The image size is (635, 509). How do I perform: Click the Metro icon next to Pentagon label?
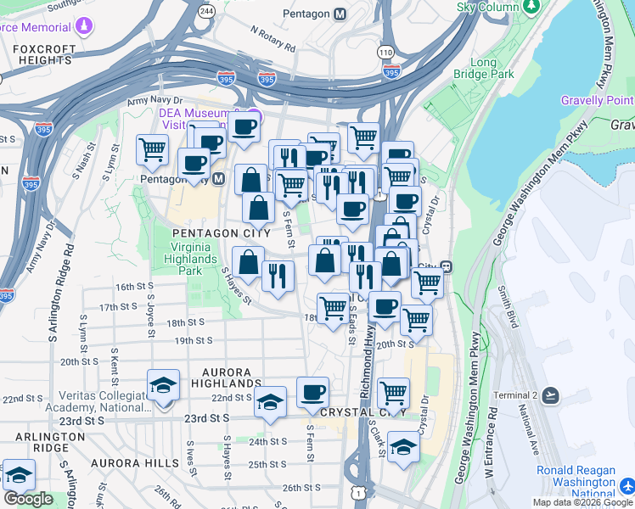pyautogui.click(x=340, y=14)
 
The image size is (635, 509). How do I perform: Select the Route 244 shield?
pyautogui.click(x=206, y=10)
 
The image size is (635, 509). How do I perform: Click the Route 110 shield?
pyautogui.click(x=386, y=53)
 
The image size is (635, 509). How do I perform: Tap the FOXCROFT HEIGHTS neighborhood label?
pyautogui.click(x=42, y=54)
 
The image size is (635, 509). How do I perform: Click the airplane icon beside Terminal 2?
pyautogui.click(x=552, y=395)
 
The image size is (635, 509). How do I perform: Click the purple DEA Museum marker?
pyautogui.click(x=254, y=115)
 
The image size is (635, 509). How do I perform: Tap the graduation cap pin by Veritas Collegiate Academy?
pyautogui.click(x=162, y=387)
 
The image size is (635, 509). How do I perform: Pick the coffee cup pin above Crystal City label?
pyautogui.click(x=312, y=393)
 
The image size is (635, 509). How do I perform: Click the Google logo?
pyautogui.click(x=28, y=498)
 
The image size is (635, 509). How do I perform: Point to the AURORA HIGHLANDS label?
pyautogui.click(x=227, y=378)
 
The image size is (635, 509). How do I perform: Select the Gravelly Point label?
pyautogui.click(x=597, y=100)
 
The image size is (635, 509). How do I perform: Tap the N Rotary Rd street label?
pyautogui.click(x=273, y=38)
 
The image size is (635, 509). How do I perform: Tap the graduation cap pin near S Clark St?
pyautogui.click(x=403, y=447)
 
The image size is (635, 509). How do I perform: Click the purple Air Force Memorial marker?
pyautogui.click(x=83, y=25)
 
